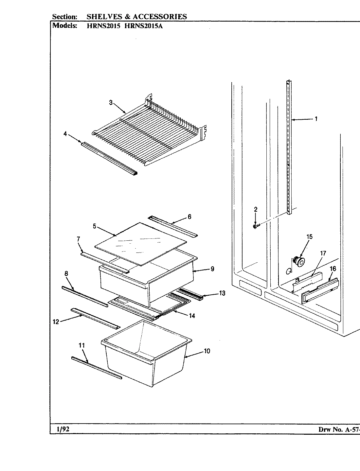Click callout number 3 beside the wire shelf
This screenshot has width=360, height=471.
coord(111,103)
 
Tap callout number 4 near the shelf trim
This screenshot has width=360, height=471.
coord(65,133)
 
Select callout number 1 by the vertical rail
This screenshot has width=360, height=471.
coord(316,119)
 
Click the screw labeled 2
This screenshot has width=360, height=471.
coord(255,226)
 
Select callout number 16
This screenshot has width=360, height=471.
coord(333,269)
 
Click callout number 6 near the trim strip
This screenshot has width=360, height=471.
coord(189,217)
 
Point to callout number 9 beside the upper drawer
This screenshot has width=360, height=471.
coord(212,269)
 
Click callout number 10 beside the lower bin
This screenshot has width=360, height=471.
coord(207,351)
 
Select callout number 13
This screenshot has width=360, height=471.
coord(222,293)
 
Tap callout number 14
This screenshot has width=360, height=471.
coord(192,316)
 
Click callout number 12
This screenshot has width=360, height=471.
coord(56,322)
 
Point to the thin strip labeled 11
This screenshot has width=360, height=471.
coord(97,368)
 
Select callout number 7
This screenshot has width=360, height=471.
coord(79,239)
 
